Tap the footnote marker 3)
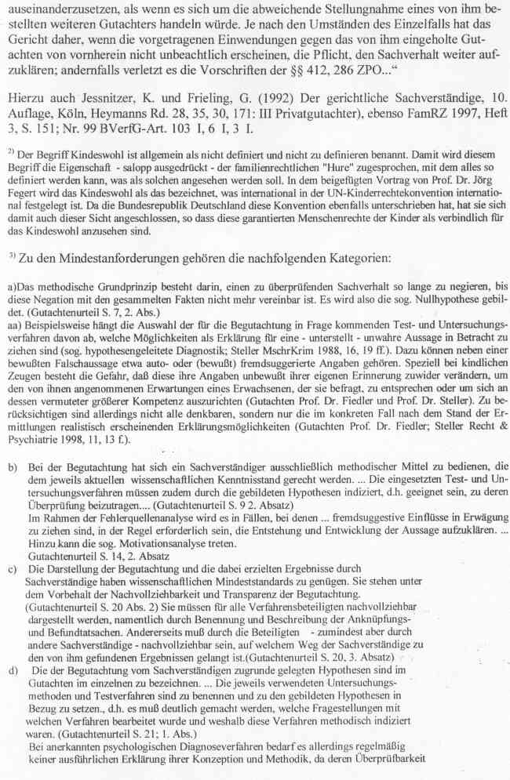[12, 254]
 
